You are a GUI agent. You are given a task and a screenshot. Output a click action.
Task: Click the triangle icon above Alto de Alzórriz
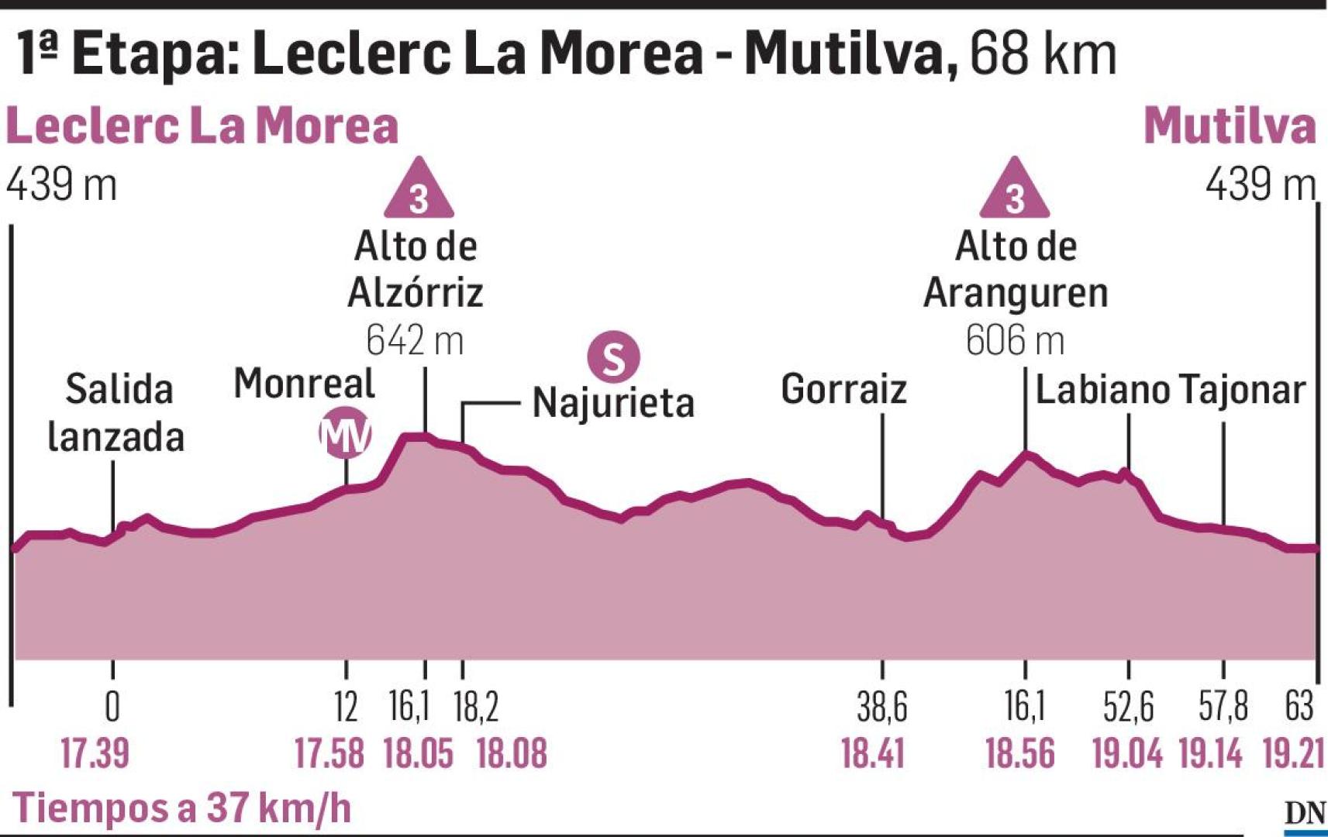tap(419, 191)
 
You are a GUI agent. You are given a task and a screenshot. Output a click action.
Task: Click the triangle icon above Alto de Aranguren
tap(1014, 191)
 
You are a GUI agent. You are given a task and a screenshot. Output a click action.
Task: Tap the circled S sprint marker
tap(613, 358)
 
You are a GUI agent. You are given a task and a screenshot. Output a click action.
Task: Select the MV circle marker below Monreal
tap(346, 435)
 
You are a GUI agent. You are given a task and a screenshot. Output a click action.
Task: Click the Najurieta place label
tap(612, 403)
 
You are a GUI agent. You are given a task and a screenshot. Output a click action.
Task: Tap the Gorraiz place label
tap(843, 389)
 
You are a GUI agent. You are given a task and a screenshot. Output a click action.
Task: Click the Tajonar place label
tap(1242, 389)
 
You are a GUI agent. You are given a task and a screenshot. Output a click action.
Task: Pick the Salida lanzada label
tap(117, 412)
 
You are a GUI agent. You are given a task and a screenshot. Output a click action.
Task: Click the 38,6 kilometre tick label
tap(881, 706)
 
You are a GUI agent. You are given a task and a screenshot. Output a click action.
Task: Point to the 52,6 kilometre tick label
tap(1128, 706)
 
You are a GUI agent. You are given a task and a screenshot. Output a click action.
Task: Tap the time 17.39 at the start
tap(95, 753)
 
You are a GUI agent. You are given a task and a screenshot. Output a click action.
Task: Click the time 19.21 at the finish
tap(1293, 753)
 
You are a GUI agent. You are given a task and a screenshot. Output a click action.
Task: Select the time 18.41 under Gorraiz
tap(873, 753)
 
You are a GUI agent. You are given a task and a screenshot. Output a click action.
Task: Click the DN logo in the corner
tap(1304, 814)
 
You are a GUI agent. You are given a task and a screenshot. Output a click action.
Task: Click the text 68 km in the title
tap(1043, 54)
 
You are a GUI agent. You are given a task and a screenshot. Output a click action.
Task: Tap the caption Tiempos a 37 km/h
tap(182, 808)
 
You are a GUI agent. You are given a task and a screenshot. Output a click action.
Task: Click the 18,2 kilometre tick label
tap(475, 706)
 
